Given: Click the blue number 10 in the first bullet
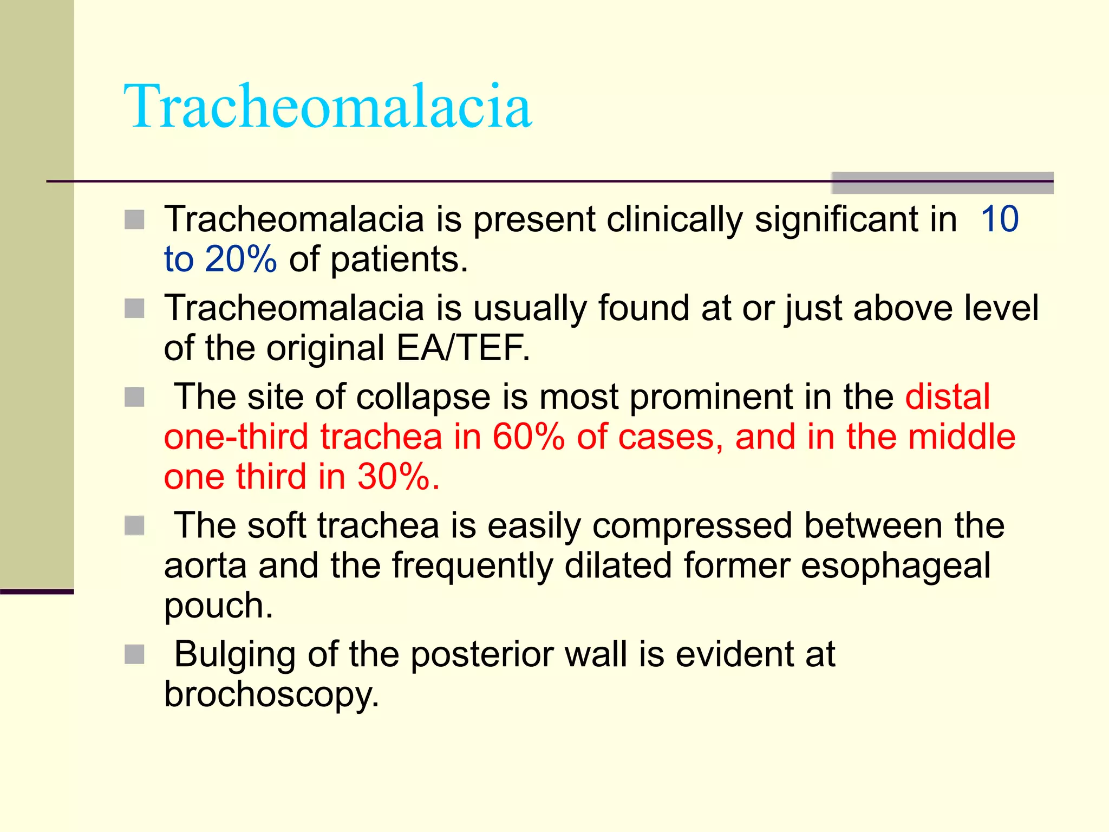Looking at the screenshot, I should [x=1000, y=219].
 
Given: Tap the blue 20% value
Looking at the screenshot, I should [x=241, y=259].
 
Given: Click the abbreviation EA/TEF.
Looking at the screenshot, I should [x=463, y=348].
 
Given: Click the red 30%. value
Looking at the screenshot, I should [x=399, y=477].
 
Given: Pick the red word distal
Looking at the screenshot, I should [x=948, y=396].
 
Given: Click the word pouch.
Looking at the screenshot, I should [x=218, y=606].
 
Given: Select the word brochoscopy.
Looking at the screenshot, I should [x=271, y=694].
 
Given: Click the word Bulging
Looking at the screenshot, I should [x=234, y=654].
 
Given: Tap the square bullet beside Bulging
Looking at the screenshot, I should [x=134, y=654].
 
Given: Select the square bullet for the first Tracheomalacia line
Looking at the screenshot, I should [x=134, y=220].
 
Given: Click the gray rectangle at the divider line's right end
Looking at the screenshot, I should [x=942, y=183].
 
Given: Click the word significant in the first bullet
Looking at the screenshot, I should [x=856, y=219].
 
